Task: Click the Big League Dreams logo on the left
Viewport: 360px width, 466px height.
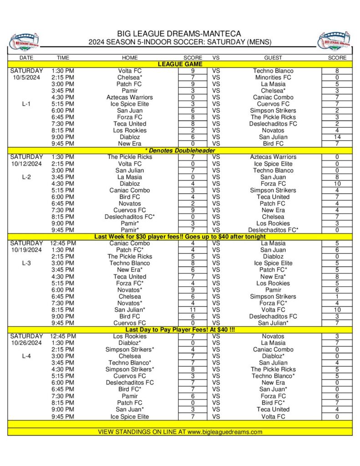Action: [x=24, y=41]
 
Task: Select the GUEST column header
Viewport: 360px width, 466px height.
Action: [x=273, y=58]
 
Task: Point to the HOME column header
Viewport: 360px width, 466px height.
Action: [x=129, y=58]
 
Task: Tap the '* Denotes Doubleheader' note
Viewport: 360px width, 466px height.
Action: [x=180, y=150]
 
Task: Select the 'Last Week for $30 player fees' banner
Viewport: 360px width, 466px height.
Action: [x=180, y=237]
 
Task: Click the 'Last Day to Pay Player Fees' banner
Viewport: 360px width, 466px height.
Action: [x=180, y=329]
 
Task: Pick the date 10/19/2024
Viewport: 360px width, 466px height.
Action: [x=26, y=250]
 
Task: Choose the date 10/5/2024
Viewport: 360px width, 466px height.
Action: [x=26, y=77]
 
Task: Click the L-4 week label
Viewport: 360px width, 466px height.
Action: [x=26, y=356]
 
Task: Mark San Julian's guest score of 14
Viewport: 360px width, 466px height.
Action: [x=337, y=137]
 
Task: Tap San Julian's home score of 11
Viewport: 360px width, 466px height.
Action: [x=193, y=309]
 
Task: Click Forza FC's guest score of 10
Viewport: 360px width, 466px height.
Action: [x=337, y=184]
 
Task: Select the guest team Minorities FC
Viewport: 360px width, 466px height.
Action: [x=273, y=77]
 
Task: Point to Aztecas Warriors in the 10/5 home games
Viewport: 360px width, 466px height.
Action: [x=129, y=97]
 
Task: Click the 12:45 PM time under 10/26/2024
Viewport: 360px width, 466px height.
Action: [x=63, y=336]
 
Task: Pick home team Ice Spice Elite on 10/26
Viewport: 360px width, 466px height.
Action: [x=129, y=416]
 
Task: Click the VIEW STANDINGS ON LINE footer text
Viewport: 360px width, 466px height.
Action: [x=180, y=431]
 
